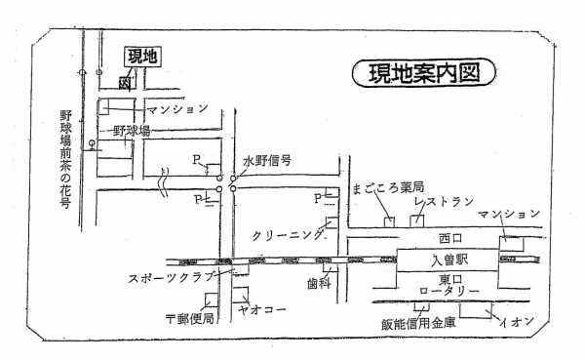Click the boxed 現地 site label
[142, 59]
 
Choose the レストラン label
[444, 201]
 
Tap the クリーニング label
[289, 236]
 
